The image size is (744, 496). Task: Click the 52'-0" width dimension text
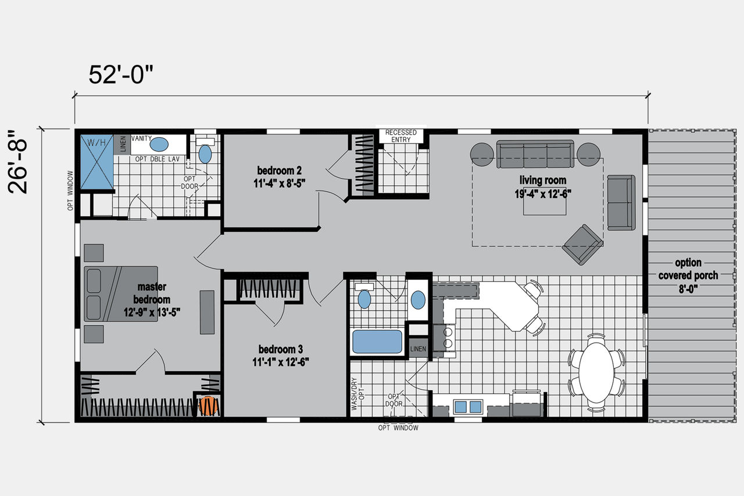click(x=121, y=74)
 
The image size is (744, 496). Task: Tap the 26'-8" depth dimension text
click(x=17, y=162)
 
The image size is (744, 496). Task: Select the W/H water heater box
click(x=97, y=161)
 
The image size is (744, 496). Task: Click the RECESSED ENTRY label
click(x=401, y=136)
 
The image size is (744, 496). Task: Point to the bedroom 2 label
click(x=280, y=177)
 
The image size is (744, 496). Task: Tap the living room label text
click(x=543, y=186)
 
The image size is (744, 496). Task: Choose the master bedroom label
click(x=152, y=299)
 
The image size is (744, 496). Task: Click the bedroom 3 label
click(x=281, y=355)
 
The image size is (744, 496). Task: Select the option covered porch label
click(x=688, y=275)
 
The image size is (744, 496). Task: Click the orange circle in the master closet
click(x=208, y=406)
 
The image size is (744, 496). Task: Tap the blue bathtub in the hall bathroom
click(x=377, y=342)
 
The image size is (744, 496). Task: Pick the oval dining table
click(x=596, y=373)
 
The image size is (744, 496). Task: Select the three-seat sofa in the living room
click(x=535, y=154)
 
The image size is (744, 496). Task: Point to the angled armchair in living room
click(x=582, y=245)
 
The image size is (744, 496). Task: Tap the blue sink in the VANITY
click(x=159, y=145)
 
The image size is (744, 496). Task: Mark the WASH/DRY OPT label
click(x=357, y=393)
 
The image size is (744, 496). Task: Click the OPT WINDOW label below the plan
click(x=398, y=428)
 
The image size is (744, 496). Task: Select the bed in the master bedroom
click(x=121, y=294)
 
